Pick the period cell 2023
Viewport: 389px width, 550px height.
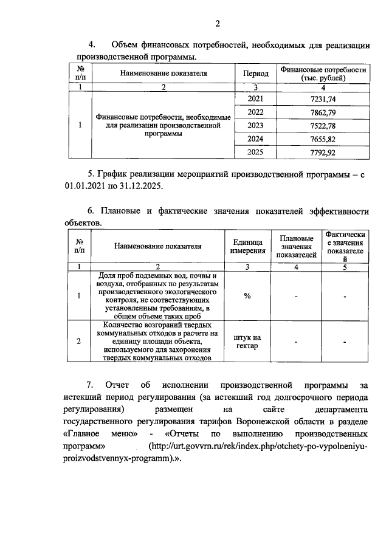click(x=256, y=126)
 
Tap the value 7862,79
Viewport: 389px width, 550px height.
click(x=323, y=112)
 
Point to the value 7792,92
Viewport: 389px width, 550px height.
click(x=323, y=153)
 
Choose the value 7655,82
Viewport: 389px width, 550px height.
click(x=323, y=139)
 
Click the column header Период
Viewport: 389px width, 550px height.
click(x=256, y=73)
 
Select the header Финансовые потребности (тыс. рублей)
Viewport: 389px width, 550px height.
click(x=323, y=74)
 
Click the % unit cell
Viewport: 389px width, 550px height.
click(x=247, y=296)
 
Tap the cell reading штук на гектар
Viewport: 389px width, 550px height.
click(x=247, y=342)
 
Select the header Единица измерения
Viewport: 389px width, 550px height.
click(x=247, y=246)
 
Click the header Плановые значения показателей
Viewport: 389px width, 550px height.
click(x=295, y=246)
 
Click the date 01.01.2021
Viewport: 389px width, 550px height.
click(x=84, y=187)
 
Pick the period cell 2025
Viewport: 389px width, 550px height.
click(x=256, y=153)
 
